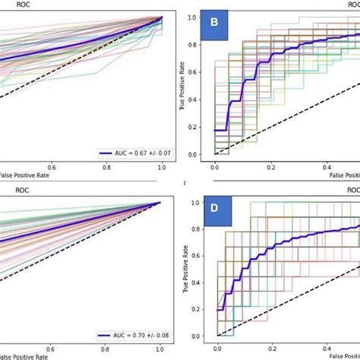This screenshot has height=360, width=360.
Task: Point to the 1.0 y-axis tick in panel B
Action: coord(196,16)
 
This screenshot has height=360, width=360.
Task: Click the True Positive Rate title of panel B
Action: coord(183,85)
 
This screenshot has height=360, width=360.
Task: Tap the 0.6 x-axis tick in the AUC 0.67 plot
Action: coord(52,169)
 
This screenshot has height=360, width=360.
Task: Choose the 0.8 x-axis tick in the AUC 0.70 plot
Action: coord(107,351)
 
